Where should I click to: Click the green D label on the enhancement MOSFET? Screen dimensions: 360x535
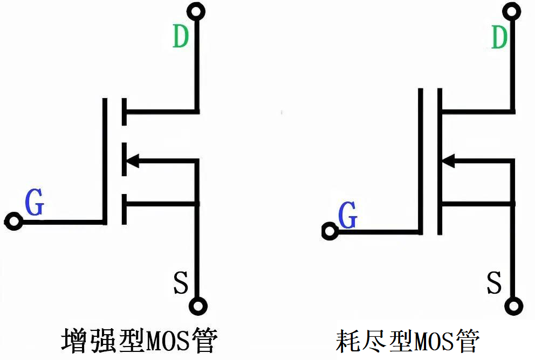click(181, 36)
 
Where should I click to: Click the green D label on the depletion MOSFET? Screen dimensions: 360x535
click(500, 36)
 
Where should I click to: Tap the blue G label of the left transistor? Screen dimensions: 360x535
click(35, 203)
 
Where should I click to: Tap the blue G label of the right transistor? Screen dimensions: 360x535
click(348, 217)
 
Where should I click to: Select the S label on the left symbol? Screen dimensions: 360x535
click(181, 282)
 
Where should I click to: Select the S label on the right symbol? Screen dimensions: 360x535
click(495, 282)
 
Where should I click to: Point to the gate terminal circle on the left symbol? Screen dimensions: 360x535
click(13, 221)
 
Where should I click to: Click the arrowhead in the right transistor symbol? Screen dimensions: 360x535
click(448, 160)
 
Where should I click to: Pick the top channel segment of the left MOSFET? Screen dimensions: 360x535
click(124, 112)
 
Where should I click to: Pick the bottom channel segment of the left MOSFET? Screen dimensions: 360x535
click(124, 209)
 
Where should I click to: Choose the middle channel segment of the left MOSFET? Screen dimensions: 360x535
click(124, 160)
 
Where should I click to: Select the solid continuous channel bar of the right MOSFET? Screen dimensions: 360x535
click(440, 162)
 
